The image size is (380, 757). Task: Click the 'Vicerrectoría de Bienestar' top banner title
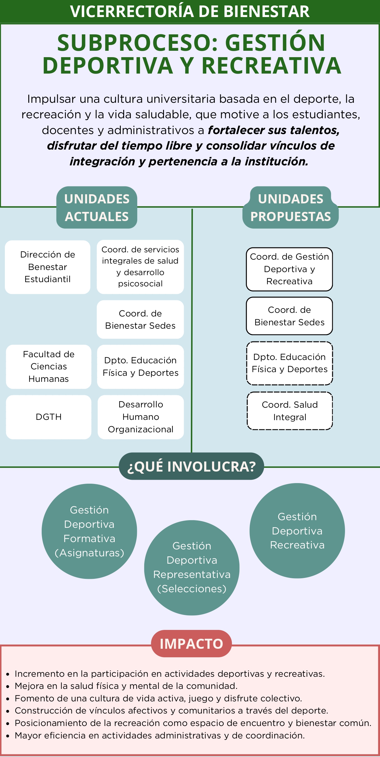pyautogui.click(x=190, y=12)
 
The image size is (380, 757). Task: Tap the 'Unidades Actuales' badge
pyautogui.click(x=97, y=208)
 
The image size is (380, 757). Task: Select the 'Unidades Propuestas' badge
pyautogui.click(x=291, y=208)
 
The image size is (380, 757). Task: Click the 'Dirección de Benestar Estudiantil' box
pyautogui.click(x=48, y=267)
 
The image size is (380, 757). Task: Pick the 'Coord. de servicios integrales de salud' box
pyautogui.click(x=140, y=267)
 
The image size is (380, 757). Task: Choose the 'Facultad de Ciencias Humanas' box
pyautogui.click(x=49, y=367)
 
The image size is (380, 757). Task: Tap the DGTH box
pyautogui.click(x=49, y=417)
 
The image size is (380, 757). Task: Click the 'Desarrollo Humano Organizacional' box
pyautogui.click(x=141, y=417)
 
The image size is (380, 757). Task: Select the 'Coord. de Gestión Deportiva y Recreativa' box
pyautogui.click(x=289, y=269)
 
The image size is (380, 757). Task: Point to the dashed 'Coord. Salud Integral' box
pyautogui.click(x=290, y=411)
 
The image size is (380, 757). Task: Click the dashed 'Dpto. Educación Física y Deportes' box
pyautogui.click(x=290, y=363)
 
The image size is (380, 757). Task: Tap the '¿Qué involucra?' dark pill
pyautogui.click(x=191, y=466)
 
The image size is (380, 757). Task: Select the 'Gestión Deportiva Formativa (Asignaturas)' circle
pyautogui.click(x=89, y=531)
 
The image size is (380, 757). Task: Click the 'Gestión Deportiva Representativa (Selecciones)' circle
pyautogui.click(x=192, y=568)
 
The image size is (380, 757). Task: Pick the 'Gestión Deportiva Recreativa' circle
pyautogui.click(x=297, y=531)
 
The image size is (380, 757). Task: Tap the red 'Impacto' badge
pyautogui.click(x=191, y=644)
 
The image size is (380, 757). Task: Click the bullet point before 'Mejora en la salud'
pyautogui.click(x=8, y=686)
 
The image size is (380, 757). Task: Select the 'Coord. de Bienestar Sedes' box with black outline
pyautogui.click(x=289, y=316)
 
